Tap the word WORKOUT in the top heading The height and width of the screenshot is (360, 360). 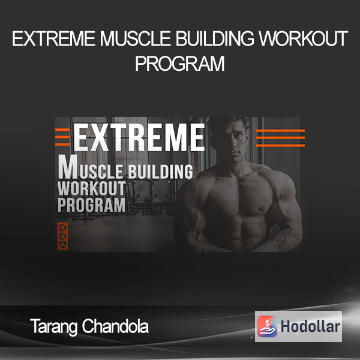tap(304, 38)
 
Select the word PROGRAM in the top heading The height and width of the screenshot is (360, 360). tap(180, 64)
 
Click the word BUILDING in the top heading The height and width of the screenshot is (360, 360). tap(215, 38)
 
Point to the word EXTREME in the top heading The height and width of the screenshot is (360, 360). tap(54, 38)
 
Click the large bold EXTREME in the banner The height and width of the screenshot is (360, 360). tap(139, 137)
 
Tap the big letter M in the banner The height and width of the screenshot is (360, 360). tap(67, 167)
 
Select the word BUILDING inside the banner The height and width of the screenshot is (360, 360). tap(160, 171)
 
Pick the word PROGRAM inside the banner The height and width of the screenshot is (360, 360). tap(91, 205)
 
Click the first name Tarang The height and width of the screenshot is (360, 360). tap(54, 327)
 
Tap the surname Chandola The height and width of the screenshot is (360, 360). tap(115, 326)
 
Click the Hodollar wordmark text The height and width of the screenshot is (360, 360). tap(310, 326)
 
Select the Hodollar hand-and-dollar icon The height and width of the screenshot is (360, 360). tap(267, 326)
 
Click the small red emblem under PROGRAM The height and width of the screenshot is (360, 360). tap(62, 236)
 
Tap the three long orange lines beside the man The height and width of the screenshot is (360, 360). tap(280, 138)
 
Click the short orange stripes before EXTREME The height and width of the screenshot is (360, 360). tap(62, 137)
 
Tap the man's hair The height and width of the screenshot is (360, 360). tap(231, 122)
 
